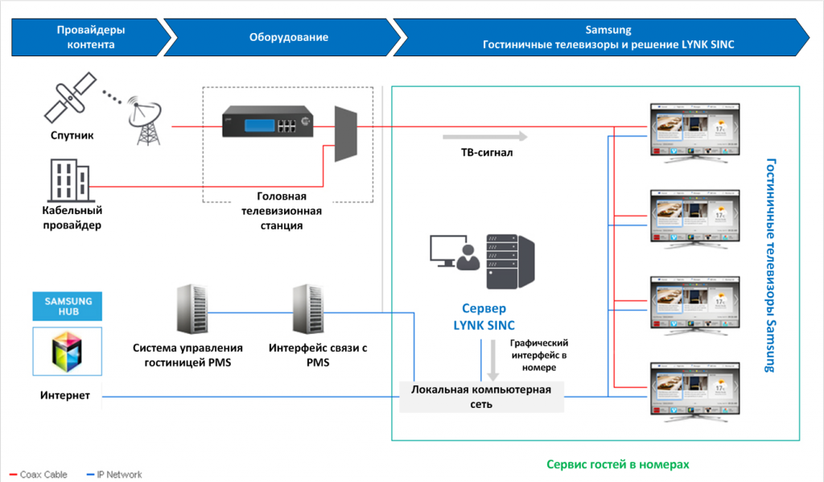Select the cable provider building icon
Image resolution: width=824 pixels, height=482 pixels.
(x=68, y=181)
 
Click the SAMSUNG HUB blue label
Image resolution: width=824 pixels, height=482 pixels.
(x=68, y=307)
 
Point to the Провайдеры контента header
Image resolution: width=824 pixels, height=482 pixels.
(x=91, y=37)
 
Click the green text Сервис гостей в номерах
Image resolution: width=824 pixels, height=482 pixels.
(x=617, y=464)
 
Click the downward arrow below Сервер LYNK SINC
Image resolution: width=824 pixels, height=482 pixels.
(x=492, y=360)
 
